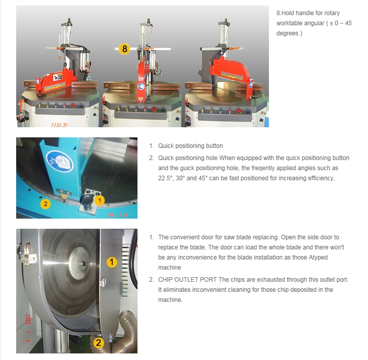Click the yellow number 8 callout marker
tap(124, 49)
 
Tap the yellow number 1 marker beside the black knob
tap(100, 200)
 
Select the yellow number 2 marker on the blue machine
tap(45, 204)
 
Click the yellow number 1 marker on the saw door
tap(112, 262)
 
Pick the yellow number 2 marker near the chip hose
tap(99, 343)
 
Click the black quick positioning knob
tap(86, 199)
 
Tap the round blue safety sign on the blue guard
tap(60, 161)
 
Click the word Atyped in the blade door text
tap(318, 258)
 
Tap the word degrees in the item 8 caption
tap(287, 33)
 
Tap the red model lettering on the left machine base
tap(59, 125)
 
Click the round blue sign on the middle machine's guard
tap(141, 86)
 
